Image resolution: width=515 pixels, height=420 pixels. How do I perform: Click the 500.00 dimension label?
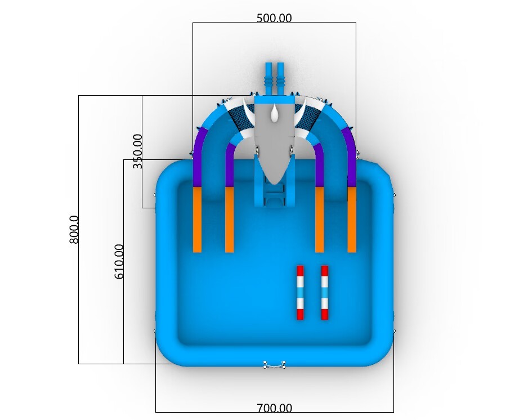click(x=274, y=18)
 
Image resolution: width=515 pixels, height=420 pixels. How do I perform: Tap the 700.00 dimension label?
click(x=274, y=408)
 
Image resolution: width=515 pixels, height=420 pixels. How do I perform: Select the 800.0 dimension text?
click(x=74, y=229)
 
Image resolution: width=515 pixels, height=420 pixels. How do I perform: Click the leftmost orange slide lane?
click(x=197, y=220)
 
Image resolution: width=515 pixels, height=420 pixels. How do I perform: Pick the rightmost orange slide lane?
click(x=352, y=220)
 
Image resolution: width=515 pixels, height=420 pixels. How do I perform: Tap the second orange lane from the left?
click(x=229, y=220)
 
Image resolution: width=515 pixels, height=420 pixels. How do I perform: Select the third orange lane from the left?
click(x=319, y=220)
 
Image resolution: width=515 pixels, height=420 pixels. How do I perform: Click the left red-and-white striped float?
click(x=300, y=292)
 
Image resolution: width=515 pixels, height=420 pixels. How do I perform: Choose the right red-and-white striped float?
click(x=325, y=292)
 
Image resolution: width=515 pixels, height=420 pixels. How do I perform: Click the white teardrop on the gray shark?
click(x=274, y=114)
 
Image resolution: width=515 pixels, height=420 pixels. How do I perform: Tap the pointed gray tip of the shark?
click(x=274, y=181)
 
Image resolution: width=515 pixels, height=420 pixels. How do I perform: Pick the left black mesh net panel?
click(x=240, y=118)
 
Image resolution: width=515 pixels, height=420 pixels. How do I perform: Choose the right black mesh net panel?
click(x=308, y=118)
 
